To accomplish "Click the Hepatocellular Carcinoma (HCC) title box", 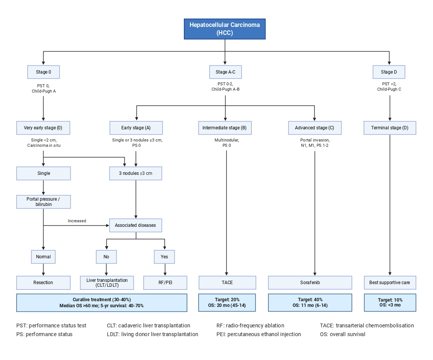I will pyautogui.click(x=224, y=29).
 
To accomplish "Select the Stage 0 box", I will pyautogui.click(x=44, y=72).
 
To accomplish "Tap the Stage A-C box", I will pyautogui.click(x=225, y=72).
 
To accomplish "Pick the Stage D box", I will pyautogui.click(x=389, y=72).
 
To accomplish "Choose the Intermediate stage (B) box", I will pyautogui.click(x=224, y=128).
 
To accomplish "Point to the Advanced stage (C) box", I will pyautogui.click(x=314, y=128).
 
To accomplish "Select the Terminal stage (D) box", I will pyautogui.click(x=390, y=128).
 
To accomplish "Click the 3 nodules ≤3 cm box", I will pyautogui.click(x=136, y=173).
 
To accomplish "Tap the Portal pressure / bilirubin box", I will pyautogui.click(x=43, y=202).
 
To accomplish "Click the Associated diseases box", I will pyautogui.click(x=135, y=225).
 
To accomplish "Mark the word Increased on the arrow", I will pyautogui.click(x=77, y=221).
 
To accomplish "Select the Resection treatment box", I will pyautogui.click(x=43, y=283).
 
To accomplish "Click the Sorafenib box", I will pyautogui.click(x=310, y=283).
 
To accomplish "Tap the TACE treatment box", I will pyautogui.click(x=227, y=283).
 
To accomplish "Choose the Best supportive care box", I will pyautogui.click(x=390, y=283).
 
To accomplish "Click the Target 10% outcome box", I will pyautogui.click(x=390, y=302).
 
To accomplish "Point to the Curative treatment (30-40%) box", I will pyautogui.click(x=102, y=302).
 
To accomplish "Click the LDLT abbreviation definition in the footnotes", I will pyautogui.click(x=152, y=334).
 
